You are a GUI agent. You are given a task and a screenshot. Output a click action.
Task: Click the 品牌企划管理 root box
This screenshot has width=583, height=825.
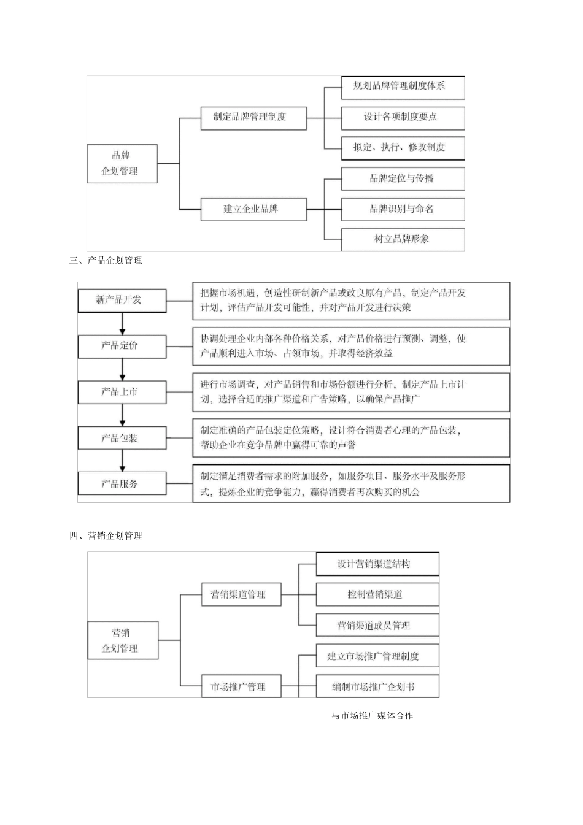point(122,164)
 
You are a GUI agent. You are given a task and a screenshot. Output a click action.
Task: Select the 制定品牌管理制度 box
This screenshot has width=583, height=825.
point(253,117)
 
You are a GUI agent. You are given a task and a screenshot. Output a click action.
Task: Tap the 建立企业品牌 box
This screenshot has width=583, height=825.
point(253,209)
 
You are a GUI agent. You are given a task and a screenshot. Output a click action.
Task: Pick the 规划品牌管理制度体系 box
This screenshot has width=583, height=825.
point(403,87)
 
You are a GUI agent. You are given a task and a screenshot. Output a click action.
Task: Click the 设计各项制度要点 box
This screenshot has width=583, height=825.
point(403,118)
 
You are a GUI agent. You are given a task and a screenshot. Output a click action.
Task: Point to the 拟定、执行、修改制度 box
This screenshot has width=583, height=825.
point(403,148)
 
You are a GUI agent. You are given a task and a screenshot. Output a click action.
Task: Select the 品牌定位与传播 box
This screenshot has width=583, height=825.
point(403,178)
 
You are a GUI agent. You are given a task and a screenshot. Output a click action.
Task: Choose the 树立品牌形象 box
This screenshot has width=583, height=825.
point(403,239)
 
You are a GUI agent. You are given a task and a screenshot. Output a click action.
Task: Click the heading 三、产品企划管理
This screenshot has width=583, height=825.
point(106,261)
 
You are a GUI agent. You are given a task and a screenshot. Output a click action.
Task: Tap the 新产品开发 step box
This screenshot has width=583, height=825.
point(122,300)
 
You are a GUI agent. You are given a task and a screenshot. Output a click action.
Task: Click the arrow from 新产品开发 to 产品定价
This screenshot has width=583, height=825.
point(122,324)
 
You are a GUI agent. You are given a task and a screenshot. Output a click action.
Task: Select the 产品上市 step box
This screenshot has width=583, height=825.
point(122,392)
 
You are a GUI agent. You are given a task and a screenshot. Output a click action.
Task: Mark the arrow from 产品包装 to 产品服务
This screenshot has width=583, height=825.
point(122,461)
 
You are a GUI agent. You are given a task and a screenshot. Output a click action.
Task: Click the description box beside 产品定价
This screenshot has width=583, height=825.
point(350,347)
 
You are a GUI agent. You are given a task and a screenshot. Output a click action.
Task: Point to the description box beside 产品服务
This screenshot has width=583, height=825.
point(350,484)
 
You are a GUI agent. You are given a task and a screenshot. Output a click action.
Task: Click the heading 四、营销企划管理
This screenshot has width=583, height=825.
point(106,536)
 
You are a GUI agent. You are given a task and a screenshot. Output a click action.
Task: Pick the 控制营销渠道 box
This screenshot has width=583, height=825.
point(377,594)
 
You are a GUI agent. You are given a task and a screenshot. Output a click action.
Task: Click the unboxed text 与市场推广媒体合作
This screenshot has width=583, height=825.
point(373,716)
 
